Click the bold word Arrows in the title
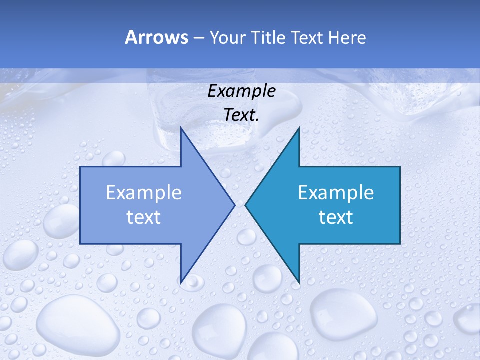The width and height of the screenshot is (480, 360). [156, 37]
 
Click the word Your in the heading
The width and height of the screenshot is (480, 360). [227, 38]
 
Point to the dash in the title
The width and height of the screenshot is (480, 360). [198, 38]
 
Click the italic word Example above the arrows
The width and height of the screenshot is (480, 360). [241, 91]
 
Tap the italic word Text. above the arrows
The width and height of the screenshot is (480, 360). [241, 115]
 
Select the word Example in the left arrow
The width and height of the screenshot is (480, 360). [144, 193]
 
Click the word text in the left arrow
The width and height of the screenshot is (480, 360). [144, 217]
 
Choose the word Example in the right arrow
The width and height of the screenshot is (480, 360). [336, 193]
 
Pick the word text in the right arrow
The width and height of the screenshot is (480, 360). [336, 217]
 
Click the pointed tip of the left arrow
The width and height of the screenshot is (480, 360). [234, 205]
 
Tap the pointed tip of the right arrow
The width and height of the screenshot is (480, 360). [246, 205]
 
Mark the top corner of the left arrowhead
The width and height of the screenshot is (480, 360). [181, 128]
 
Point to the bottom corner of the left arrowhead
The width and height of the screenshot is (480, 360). [181, 281]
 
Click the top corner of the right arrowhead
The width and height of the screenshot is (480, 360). [299, 128]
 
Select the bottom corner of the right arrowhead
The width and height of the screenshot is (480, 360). [299, 281]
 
